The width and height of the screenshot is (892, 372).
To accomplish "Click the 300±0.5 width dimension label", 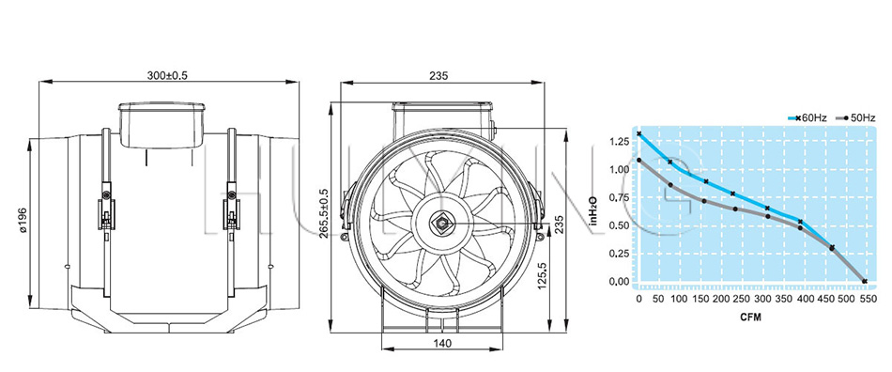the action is (x=167, y=75).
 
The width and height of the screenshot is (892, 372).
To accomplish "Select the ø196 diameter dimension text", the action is (x=23, y=221).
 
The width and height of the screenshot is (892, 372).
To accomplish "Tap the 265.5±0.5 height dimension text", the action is (x=323, y=213).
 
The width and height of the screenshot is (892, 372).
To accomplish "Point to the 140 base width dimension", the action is (x=442, y=343).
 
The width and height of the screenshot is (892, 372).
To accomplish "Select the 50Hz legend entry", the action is (x=855, y=117).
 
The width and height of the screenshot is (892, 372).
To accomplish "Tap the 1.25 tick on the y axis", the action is (x=619, y=141).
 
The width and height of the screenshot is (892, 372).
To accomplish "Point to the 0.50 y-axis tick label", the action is (x=619, y=225).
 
